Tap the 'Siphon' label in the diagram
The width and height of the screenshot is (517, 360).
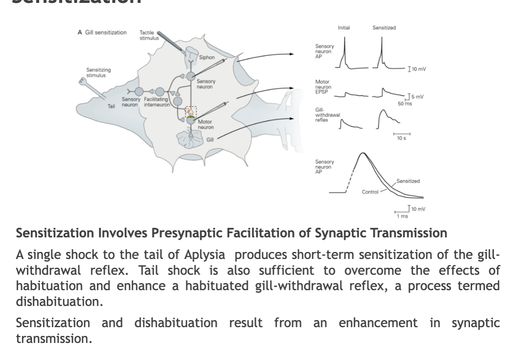pos(207,57)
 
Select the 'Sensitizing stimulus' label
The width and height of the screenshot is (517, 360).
pos(95,73)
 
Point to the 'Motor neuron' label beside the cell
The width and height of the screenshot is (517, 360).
pos(205,124)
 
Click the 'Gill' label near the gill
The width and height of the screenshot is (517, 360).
pos(210,139)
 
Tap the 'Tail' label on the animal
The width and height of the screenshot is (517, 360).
pos(111,106)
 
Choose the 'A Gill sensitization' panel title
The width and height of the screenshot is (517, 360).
pos(102,32)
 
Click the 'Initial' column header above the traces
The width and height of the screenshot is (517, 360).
pos(344,28)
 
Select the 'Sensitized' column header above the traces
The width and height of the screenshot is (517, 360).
pos(384,28)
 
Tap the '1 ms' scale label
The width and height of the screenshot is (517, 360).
pos(402,216)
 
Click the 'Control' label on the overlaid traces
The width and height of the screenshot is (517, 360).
pos(370,192)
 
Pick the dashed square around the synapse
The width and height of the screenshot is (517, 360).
pos(190,111)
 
